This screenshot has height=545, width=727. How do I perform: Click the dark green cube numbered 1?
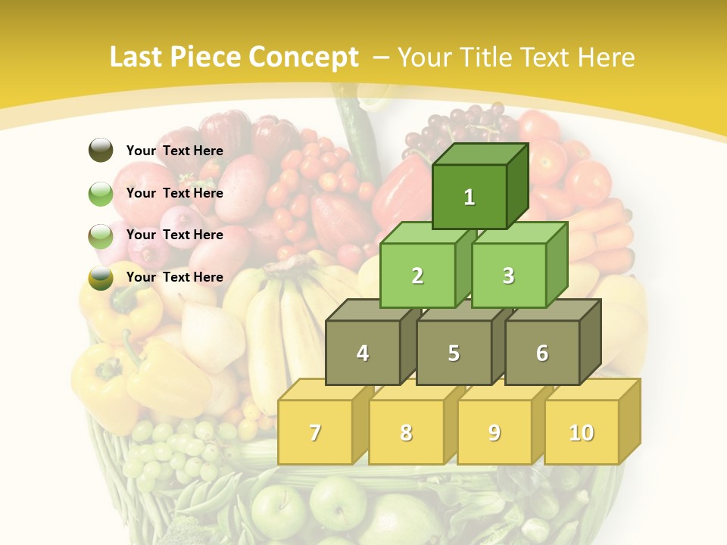(x=470, y=197)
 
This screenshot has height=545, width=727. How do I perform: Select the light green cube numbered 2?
(x=417, y=276)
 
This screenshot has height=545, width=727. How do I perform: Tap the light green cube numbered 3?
(x=508, y=276)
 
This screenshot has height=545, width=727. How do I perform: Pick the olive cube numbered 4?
(x=363, y=353)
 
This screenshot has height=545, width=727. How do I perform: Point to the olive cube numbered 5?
(x=454, y=353)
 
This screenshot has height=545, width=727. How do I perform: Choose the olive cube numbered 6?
(x=542, y=353)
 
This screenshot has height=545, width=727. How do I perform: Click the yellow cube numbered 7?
(x=315, y=432)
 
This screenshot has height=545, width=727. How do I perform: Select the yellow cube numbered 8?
(x=406, y=432)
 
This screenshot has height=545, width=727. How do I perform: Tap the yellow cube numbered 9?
(x=495, y=432)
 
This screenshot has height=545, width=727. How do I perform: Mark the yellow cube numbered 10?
(x=581, y=432)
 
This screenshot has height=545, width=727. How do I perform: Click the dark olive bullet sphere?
(x=101, y=150)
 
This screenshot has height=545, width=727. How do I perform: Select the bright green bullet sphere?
(x=101, y=193)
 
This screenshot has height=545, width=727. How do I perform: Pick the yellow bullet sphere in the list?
(x=101, y=277)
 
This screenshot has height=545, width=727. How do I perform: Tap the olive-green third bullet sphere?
(x=101, y=235)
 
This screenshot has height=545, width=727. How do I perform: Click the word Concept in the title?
(x=304, y=58)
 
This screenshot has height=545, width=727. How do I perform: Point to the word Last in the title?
(x=137, y=58)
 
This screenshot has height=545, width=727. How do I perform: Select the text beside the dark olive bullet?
(x=175, y=151)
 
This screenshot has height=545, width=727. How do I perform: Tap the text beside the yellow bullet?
(x=175, y=277)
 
